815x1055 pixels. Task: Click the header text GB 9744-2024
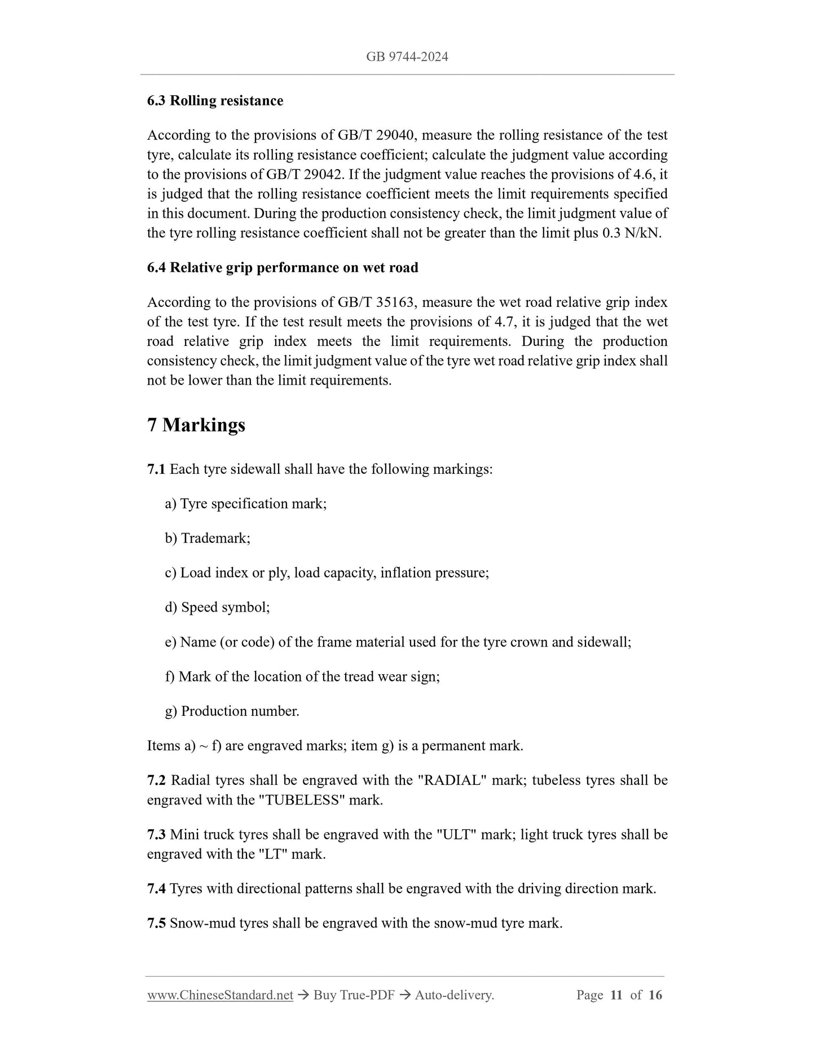tap(407, 56)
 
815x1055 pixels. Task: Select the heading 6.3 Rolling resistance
tap(215, 100)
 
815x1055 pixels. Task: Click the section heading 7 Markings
tap(196, 424)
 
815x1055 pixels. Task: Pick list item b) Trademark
tap(208, 538)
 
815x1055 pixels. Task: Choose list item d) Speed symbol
tap(218, 608)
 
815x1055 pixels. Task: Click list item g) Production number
tap(232, 711)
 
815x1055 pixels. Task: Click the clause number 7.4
tap(156, 889)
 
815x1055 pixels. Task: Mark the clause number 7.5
tap(156, 924)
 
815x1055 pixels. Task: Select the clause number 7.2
tap(156, 781)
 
